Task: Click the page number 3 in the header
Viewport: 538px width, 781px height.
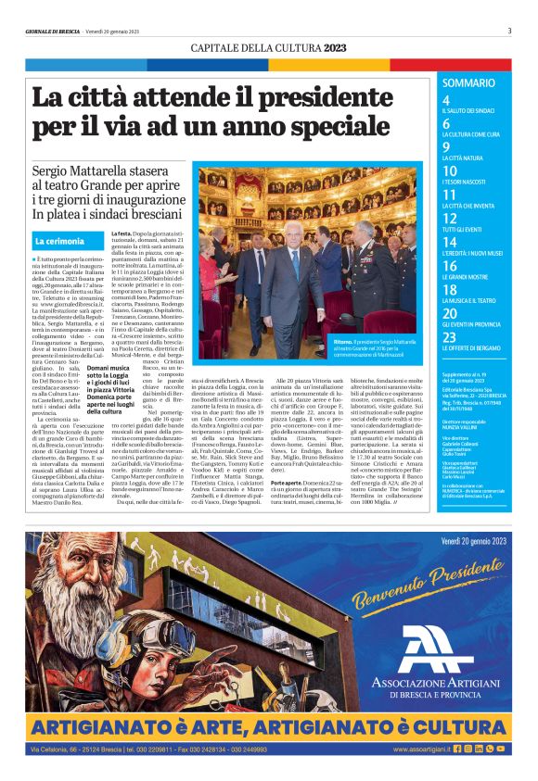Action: (509, 30)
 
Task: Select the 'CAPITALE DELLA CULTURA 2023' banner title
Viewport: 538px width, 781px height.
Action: (269, 47)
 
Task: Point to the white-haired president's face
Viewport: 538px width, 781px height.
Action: (295, 232)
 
